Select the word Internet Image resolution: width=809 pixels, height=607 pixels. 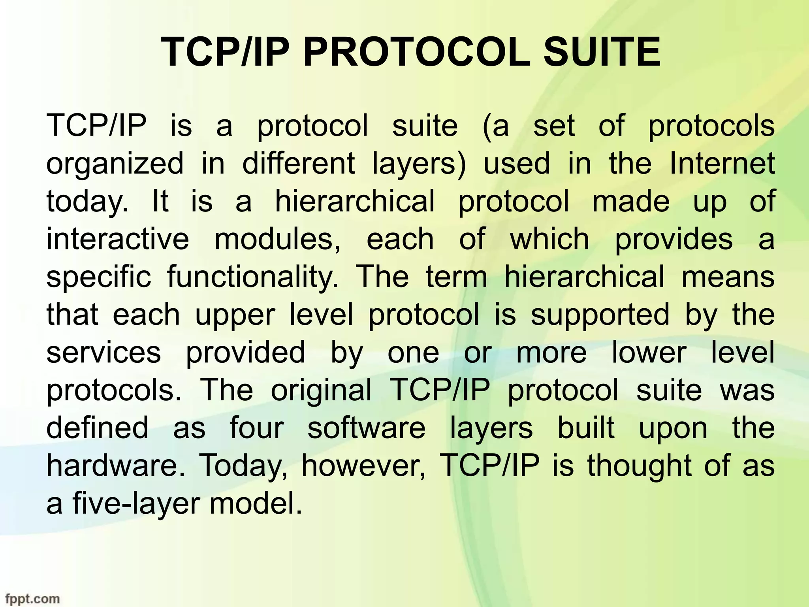(x=722, y=164)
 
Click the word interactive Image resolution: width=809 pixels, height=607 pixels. (x=118, y=239)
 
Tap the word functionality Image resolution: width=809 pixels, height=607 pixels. (x=253, y=277)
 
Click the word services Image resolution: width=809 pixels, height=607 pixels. (x=103, y=353)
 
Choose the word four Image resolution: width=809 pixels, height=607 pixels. (x=257, y=428)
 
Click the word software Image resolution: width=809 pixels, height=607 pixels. (x=366, y=428)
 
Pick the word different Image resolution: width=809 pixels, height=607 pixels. (x=298, y=164)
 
